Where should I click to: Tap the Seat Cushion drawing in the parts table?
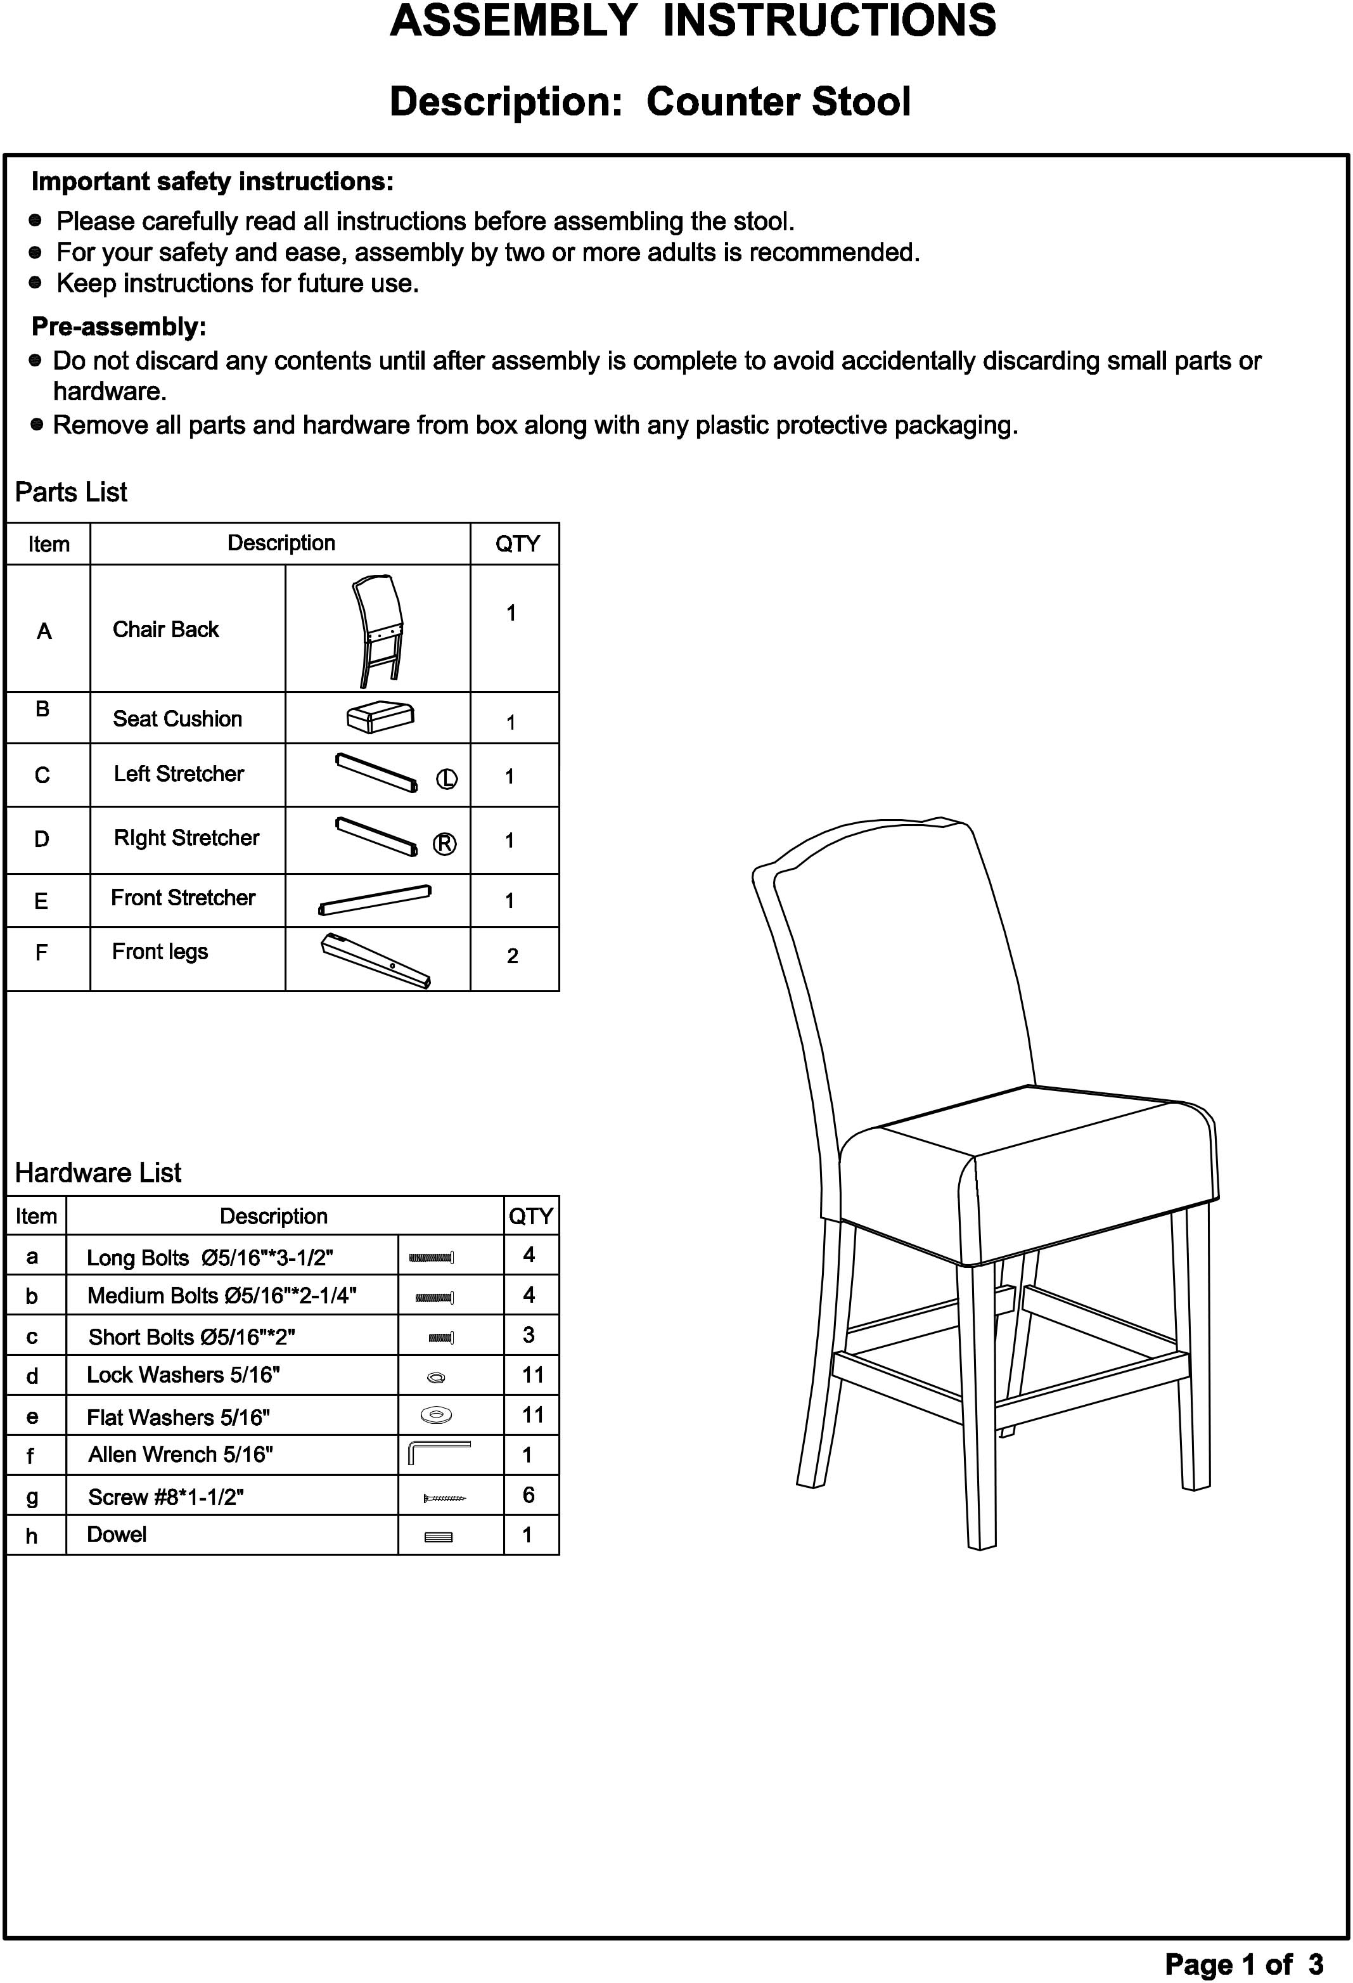pyautogui.click(x=380, y=717)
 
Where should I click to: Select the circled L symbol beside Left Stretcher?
pyautogui.click(x=447, y=779)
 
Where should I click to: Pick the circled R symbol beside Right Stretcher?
pyautogui.click(x=444, y=844)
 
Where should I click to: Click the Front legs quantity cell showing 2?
pyautogui.click(x=513, y=955)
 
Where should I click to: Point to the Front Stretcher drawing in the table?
pyautogui.click(x=375, y=900)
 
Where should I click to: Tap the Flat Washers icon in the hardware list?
pyautogui.click(x=437, y=1416)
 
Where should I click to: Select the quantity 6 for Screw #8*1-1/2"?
pyautogui.click(x=529, y=1494)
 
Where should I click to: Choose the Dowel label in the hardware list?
pyautogui.click(x=117, y=1534)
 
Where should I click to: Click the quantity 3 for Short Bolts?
pyautogui.click(x=529, y=1334)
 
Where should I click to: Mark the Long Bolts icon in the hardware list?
pyautogui.click(x=432, y=1257)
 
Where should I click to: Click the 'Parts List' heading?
pyautogui.click(x=72, y=493)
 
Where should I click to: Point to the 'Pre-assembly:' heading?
pyautogui.click(x=119, y=327)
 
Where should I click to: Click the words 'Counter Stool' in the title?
pyautogui.click(x=778, y=101)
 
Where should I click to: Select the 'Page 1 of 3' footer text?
pyautogui.click(x=1244, y=1964)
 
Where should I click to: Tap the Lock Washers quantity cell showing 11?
pyautogui.click(x=532, y=1374)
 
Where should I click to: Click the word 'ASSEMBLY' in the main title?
pyautogui.click(x=513, y=22)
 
